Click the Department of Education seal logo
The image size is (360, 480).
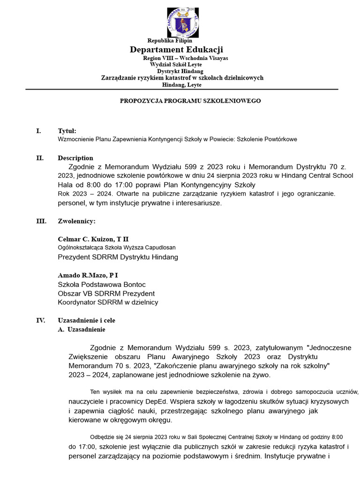[182, 22]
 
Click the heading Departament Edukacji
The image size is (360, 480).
[176, 50]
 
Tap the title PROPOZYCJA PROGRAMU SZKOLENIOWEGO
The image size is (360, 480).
[190, 101]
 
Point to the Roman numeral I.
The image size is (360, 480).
[38, 131]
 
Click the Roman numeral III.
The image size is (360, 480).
[41, 221]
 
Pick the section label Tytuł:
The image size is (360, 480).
[67, 131]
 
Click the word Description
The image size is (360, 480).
[75, 158]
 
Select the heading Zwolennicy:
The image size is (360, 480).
[76, 221]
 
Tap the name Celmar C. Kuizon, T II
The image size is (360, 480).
[93, 239]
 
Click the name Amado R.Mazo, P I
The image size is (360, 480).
[88, 275]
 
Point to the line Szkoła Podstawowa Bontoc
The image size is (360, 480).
[102, 285]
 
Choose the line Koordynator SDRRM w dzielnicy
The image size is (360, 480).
[108, 302]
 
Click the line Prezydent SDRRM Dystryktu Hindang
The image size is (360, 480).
[118, 257]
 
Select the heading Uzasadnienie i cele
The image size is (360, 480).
[86, 321]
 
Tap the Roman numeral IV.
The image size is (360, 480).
[41, 321]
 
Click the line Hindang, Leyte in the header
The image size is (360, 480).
[181, 85]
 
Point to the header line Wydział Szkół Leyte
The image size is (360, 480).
[176, 64]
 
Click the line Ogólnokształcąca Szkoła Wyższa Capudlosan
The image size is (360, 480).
[117, 247]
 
